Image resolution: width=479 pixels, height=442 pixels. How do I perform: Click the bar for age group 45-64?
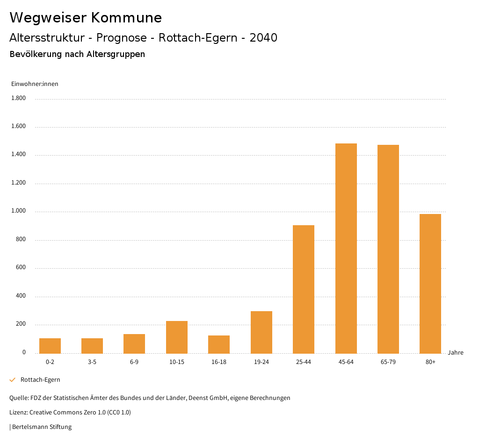coord(346,248)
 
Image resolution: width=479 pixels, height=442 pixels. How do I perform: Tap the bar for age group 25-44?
coord(304,289)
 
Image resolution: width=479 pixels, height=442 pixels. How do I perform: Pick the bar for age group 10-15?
coord(177,337)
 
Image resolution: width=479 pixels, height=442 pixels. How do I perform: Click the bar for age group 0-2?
coord(50,346)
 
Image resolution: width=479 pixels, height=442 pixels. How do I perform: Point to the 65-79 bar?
coord(388,249)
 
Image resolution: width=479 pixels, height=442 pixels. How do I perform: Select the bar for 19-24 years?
coord(261,332)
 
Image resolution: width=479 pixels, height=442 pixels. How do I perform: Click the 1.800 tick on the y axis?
coord(18,98)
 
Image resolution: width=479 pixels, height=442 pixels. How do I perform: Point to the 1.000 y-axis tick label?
coord(18,211)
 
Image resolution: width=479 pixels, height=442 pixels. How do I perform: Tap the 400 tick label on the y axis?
coord(21,296)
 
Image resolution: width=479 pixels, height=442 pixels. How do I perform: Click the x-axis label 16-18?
coord(219,362)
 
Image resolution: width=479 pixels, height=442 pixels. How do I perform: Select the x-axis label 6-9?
coord(134,362)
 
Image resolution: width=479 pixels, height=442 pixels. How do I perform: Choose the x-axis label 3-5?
coord(92,362)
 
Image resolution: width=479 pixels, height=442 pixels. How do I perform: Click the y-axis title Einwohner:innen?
coord(35,84)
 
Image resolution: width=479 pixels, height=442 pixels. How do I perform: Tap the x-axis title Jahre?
coord(455,353)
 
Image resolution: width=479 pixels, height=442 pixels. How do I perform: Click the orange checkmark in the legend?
coord(13,380)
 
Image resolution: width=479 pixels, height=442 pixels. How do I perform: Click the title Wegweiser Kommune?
coord(86,17)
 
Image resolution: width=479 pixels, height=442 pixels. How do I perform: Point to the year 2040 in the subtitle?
coord(263,38)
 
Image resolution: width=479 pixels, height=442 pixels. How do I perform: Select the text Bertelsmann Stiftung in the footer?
coord(42,427)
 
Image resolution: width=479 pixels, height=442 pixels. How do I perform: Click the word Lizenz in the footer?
coord(18,413)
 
